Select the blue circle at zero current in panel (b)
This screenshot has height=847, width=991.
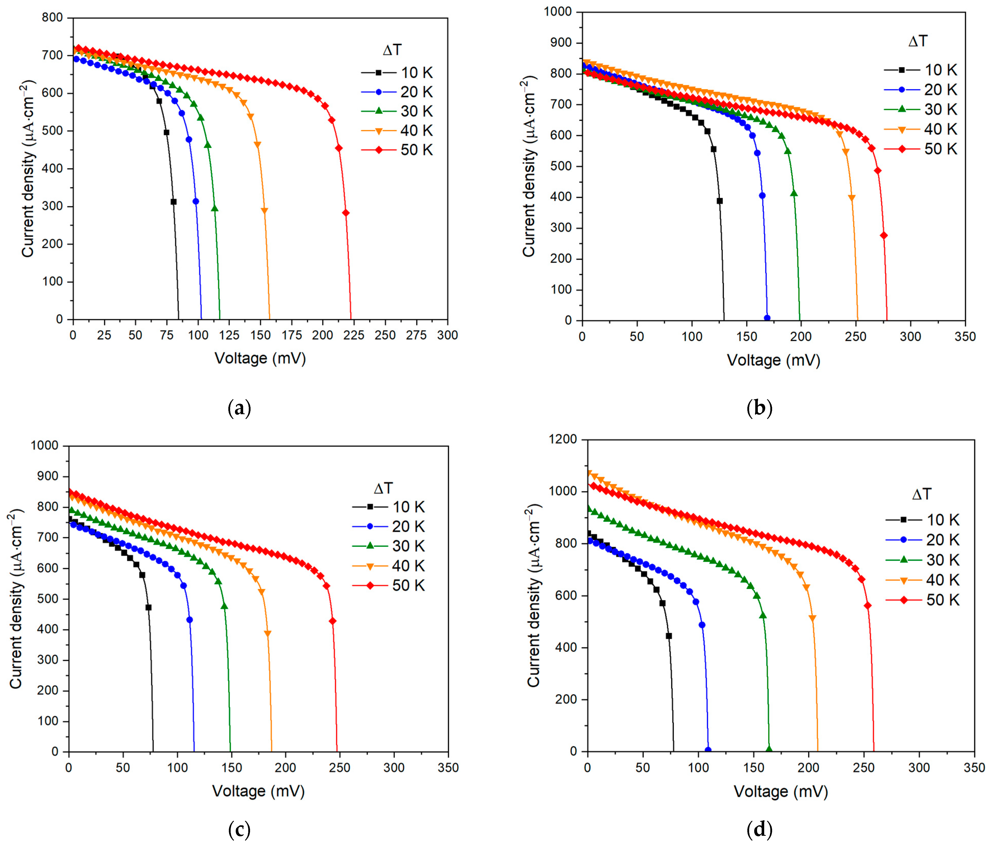click(x=767, y=318)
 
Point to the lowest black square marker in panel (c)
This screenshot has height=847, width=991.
click(x=148, y=607)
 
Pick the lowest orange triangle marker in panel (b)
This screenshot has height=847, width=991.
click(x=851, y=198)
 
